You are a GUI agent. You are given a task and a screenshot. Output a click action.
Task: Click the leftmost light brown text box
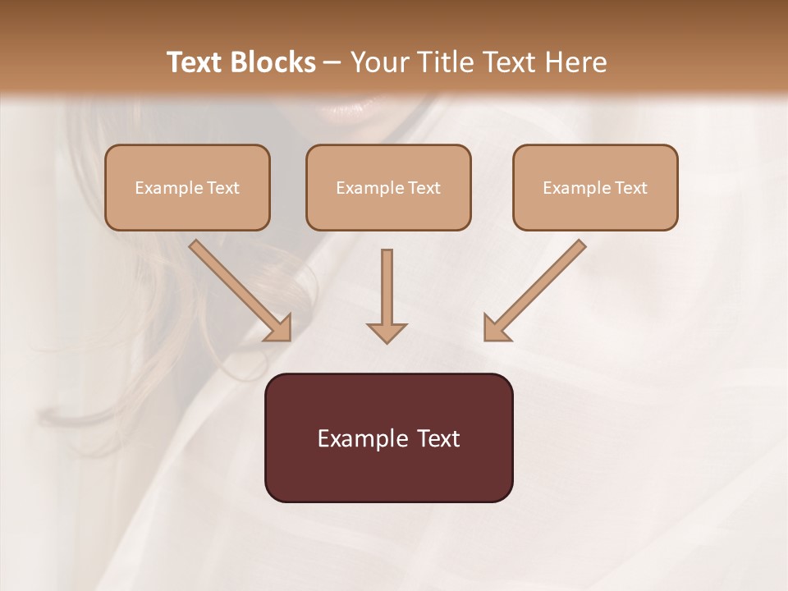coord(187,187)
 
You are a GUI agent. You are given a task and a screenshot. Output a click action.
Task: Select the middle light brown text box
coord(388,187)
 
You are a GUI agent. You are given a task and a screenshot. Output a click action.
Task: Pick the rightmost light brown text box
coord(595,187)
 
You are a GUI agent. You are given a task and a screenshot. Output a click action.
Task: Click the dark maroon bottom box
coord(388,438)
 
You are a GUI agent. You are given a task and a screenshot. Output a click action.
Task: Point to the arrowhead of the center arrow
coord(387,332)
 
